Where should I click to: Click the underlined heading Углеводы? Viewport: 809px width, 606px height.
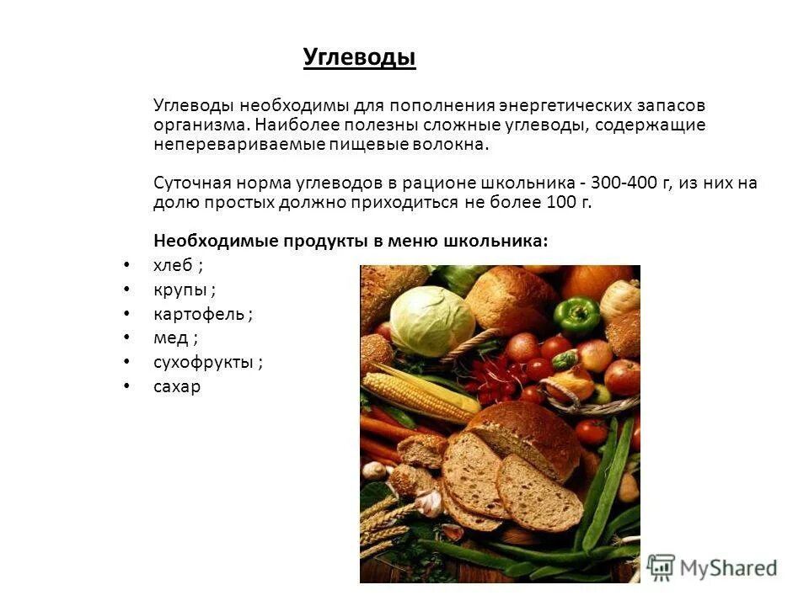[360, 57]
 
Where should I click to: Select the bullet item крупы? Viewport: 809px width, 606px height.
[179, 290]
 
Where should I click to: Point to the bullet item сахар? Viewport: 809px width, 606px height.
[177, 388]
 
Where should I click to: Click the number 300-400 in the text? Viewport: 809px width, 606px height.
[631, 183]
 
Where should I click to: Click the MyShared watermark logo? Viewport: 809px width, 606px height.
[712, 566]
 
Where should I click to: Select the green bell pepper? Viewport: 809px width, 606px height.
[576, 316]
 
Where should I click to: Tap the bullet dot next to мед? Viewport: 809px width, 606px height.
[126, 338]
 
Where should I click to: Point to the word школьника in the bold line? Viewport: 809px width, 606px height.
[503, 241]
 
